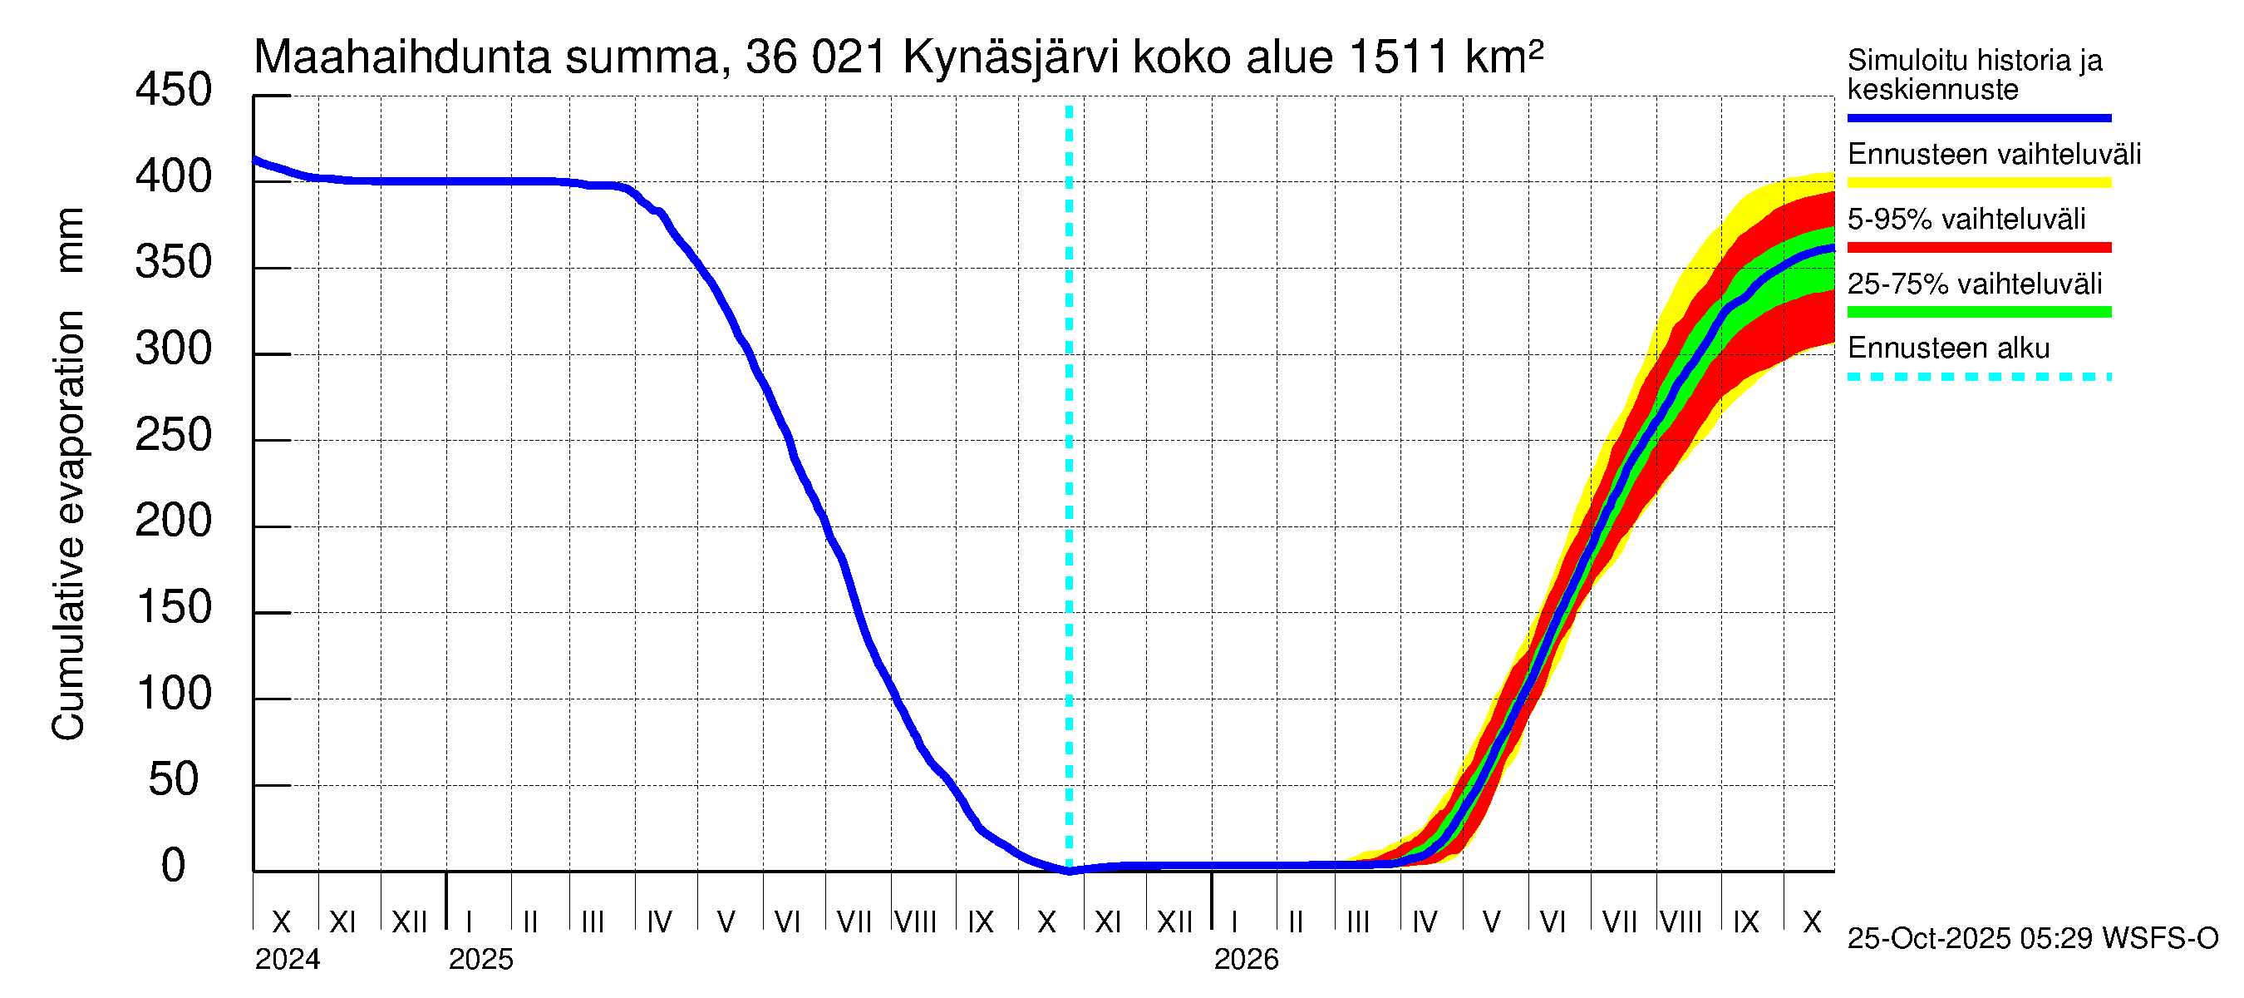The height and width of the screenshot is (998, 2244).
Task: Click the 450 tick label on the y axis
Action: [174, 91]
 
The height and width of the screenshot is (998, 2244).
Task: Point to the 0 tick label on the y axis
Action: [174, 866]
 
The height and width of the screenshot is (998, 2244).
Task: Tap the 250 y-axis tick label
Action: [174, 435]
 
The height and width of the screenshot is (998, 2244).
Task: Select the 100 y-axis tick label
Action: [174, 694]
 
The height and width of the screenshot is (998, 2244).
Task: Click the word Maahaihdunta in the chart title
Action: [402, 58]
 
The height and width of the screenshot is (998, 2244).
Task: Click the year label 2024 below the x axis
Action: [288, 960]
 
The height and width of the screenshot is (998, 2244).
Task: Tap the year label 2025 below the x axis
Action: [481, 960]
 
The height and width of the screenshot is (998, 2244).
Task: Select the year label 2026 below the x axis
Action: [1246, 960]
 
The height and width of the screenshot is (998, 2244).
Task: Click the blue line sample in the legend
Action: [1978, 117]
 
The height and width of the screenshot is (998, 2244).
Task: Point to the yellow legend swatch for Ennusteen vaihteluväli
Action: [1978, 183]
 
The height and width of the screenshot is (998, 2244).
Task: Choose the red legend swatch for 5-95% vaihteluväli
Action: [1978, 248]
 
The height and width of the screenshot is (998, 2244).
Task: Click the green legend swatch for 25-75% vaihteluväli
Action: [1978, 312]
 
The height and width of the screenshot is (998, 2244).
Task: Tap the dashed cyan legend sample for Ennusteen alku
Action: [1978, 378]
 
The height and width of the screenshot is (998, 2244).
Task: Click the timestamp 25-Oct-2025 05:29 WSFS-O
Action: [2032, 939]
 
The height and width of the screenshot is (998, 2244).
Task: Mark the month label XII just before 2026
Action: [1174, 922]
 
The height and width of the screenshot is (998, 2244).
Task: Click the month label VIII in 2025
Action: [916, 922]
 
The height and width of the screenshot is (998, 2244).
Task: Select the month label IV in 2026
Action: [1425, 922]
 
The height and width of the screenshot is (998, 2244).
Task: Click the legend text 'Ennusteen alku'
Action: [1949, 348]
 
